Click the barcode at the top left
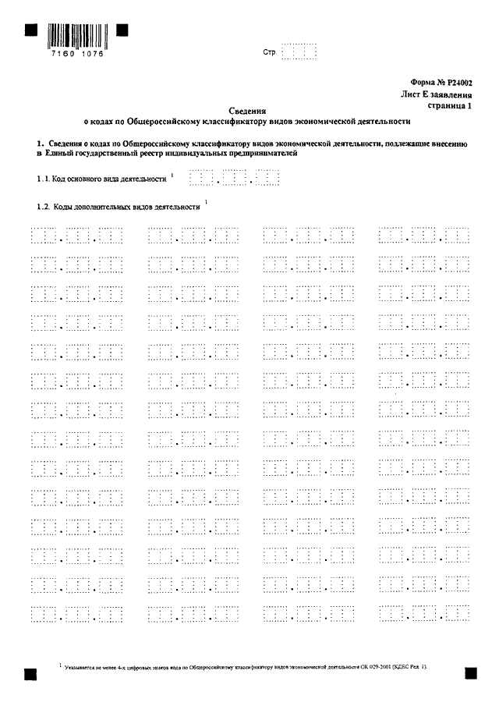tap(76, 36)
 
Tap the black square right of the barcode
tap(122, 30)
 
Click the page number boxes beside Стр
tap(299, 52)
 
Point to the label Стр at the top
tap(271, 53)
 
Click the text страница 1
tap(451, 105)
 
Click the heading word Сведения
tap(248, 112)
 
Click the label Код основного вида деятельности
tap(109, 179)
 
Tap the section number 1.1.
tap(42, 179)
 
